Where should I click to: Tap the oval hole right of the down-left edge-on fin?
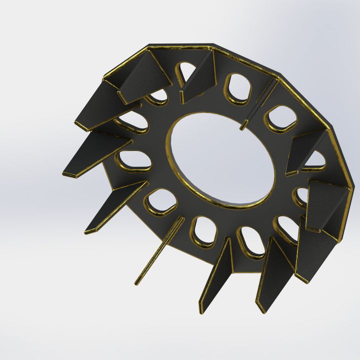203,233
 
